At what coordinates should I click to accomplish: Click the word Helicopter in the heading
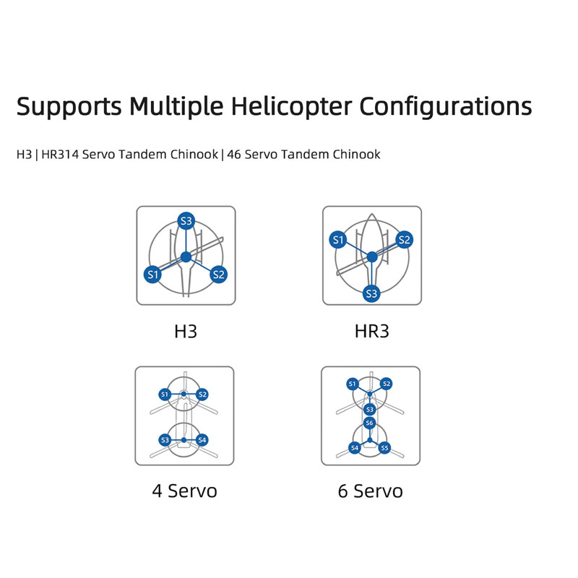coord(291,106)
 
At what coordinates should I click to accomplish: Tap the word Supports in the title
coord(69,107)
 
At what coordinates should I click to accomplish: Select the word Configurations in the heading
coord(445,107)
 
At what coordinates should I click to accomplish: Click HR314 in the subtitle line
coord(60,154)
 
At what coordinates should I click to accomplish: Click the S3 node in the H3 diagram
coord(186,221)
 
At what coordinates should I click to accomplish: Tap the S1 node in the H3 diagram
coord(152,275)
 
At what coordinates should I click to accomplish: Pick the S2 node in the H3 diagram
coord(219,275)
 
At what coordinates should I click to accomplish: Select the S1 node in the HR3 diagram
coord(338,240)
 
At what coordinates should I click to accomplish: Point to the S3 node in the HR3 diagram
coord(371,293)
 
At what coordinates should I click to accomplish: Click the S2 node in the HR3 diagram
coord(404,240)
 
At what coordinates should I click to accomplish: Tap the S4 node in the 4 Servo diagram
coord(202,440)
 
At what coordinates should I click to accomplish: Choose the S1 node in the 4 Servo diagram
coord(165,394)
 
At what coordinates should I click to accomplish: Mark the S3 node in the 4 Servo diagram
coord(165,440)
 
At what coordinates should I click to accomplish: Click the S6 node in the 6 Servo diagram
coord(369,423)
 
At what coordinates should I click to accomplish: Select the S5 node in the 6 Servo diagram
coord(384,448)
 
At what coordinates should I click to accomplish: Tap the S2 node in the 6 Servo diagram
coord(387,384)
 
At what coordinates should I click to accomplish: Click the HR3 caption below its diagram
coord(371,331)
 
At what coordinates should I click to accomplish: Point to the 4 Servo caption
coord(185,491)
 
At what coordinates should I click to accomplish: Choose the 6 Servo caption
coord(371,491)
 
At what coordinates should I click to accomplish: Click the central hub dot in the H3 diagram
coord(186,257)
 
